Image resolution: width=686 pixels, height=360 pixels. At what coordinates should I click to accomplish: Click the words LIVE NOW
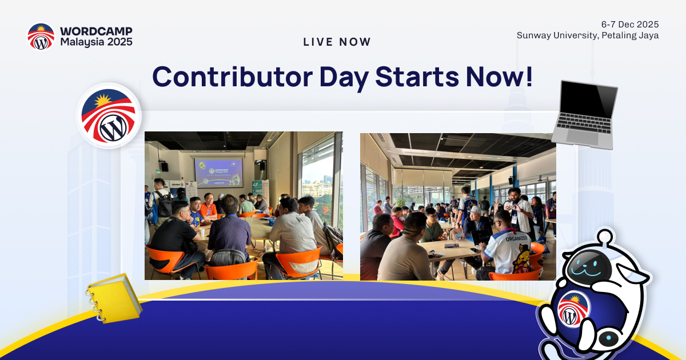click(x=337, y=42)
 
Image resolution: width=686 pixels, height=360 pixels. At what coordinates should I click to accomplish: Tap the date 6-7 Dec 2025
click(x=630, y=24)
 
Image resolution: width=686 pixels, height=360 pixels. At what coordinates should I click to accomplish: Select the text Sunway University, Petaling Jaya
click(x=588, y=35)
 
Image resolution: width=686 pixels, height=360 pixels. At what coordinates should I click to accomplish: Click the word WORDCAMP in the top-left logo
click(x=96, y=31)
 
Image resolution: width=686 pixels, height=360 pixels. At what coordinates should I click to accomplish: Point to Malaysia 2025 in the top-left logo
click(x=96, y=42)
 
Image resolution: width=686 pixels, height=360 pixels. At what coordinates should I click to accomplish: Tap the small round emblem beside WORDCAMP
click(x=41, y=37)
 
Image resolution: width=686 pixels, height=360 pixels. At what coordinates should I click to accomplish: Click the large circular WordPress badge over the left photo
click(x=109, y=116)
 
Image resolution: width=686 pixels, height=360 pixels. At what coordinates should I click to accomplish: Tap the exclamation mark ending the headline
click(x=528, y=77)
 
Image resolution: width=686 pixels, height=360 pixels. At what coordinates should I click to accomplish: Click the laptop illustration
click(x=584, y=114)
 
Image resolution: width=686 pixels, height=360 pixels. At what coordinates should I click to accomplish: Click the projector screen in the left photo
click(x=218, y=173)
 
